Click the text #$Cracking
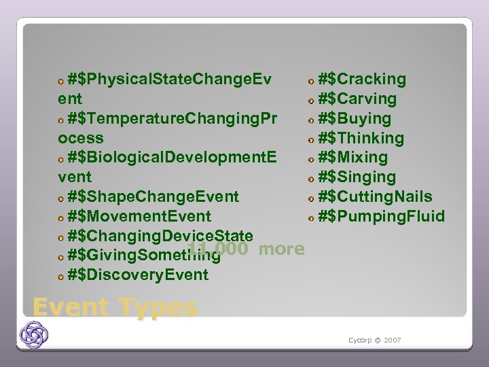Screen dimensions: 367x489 coord(362,80)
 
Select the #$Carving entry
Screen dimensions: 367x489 coord(357,99)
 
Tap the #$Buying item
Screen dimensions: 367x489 coord(355,119)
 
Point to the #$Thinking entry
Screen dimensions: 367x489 coord(361,139)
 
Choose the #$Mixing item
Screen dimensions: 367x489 coord(352,158)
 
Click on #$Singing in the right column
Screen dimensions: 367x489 coord(357,177)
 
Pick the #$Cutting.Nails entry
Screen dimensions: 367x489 coord(375,197)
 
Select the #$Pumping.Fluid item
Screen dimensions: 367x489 coord(382,217)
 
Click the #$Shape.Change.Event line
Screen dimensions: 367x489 coord(153,197)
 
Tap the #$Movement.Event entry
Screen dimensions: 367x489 coord(139,217)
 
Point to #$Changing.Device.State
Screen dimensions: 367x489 coord(160,236)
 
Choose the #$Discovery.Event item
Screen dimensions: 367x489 coord(138,275)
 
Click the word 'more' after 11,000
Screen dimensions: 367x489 coord(281,249)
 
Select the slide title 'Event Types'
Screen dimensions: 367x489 coord(115,307)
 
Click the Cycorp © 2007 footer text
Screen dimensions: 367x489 coord(374,340)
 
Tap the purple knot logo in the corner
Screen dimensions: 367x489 coord(34,334)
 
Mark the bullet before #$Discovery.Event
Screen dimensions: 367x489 coord(61,277)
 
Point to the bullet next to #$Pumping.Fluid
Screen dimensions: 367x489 coord(310,219)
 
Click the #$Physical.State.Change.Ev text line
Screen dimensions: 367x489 coord(169,80)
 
